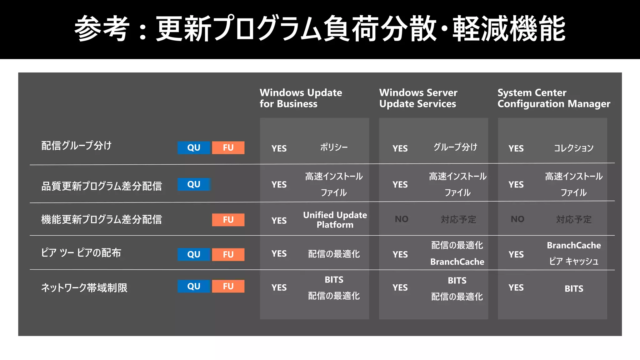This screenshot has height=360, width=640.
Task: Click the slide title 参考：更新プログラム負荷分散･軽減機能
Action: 320,29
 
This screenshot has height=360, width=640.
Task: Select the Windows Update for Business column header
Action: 301,98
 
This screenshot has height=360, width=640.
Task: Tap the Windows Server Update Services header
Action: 418,98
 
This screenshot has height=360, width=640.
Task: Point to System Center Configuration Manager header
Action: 553,98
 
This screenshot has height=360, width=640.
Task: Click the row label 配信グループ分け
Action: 76,146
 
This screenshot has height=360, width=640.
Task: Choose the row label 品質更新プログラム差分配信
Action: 102,186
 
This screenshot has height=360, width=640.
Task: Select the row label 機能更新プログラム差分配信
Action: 102,219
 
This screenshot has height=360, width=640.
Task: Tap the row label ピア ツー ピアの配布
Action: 81,253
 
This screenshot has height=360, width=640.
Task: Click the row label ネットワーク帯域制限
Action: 84,287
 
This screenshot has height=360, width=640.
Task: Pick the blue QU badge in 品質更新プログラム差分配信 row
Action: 194,184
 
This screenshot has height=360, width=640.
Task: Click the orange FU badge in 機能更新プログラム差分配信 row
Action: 228,220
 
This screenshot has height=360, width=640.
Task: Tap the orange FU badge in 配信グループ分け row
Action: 228,147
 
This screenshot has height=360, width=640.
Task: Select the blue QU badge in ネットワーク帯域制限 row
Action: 194,286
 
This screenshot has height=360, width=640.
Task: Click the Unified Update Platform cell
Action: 335,220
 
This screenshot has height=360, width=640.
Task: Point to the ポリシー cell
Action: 334,147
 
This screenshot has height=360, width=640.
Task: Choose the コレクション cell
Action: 573,148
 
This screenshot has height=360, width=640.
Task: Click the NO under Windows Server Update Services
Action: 402,219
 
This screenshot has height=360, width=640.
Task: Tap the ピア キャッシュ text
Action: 574,261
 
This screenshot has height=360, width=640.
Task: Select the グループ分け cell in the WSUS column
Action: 455,147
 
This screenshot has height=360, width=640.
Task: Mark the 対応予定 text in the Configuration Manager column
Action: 574,219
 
